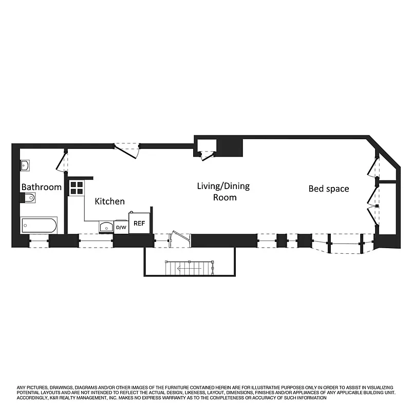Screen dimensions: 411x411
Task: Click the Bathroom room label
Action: pos(41,188)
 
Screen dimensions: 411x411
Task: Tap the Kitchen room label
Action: pos(110,201)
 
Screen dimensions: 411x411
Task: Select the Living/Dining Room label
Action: pos(223,191)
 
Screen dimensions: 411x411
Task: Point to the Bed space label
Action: pos(328,189)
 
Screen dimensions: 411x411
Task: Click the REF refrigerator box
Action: pos(140,223)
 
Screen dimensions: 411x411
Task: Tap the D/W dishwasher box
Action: pos(121,227)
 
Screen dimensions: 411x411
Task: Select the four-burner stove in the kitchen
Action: pos(77,188)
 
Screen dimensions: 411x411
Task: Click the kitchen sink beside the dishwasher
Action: pos(106,227)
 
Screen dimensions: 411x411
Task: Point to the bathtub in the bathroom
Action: pos(39,225)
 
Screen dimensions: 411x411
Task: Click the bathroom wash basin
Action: pos(25,165)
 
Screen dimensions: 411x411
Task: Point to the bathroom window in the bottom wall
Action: pos(38,241)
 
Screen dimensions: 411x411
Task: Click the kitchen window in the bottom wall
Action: pos(96,240)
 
